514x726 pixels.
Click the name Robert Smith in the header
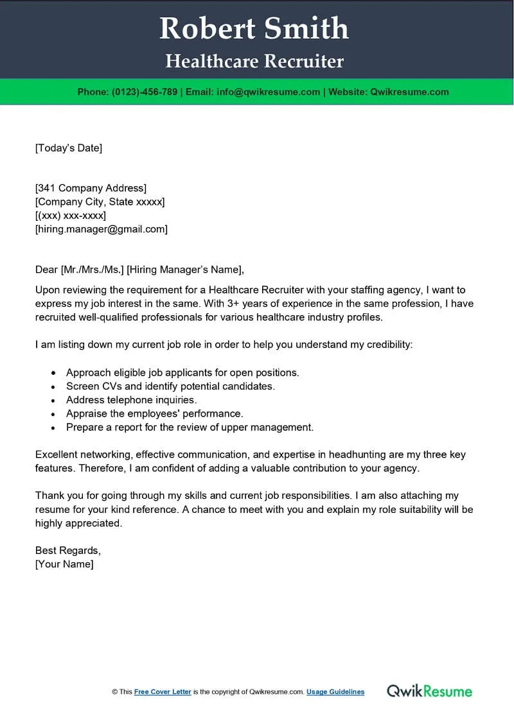point(254,29)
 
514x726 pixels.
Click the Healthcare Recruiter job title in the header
point(254,62)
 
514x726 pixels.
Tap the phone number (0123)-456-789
point(145,92)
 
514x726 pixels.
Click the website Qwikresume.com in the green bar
point(409,92)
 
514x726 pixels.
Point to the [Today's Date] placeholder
point(69,148)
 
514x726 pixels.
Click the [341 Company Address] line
point(91,188)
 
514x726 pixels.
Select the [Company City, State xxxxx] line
point(100,202)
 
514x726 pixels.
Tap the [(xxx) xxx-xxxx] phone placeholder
point(71,215)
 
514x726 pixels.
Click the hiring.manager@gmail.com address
point(102,229)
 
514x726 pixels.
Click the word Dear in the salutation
point(46,269)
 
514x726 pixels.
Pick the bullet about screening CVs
point(170,386)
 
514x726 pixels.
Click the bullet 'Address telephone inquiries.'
point(131,400)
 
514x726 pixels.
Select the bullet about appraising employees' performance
point(154,413)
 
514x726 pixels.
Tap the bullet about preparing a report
point(190,427)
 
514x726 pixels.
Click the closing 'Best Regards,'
point(67,550)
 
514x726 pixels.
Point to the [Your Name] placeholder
point(64,564)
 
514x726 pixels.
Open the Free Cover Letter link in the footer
point(163,692)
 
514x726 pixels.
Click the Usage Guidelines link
point(335,692)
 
